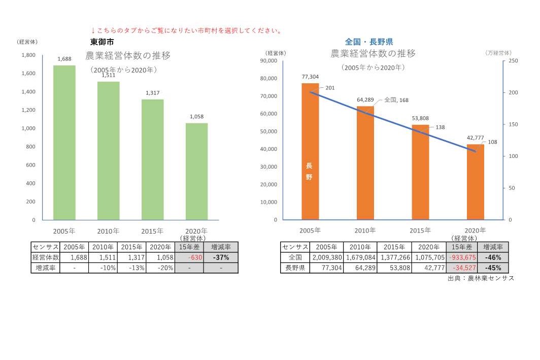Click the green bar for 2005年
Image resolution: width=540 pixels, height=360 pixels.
pyautogui.click(x=64, y=143)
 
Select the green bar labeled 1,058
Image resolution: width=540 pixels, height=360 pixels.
pyautogui.click(x=196, y=172)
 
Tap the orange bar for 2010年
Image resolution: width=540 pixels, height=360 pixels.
pyautogui.click(x=365, y=162)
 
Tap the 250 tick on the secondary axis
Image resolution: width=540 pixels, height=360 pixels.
pyautogui.click(x=513, y=61)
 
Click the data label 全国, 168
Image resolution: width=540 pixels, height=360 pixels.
pyautogui.click(x=396, y=100)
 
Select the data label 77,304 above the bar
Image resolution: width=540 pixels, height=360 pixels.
pyautogui.click(x=310, y=77)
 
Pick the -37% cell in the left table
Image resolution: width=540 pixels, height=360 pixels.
pyautogui.click(x=221, y=257)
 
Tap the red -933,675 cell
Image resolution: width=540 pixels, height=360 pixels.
pyautogui.click(x=461, y=257)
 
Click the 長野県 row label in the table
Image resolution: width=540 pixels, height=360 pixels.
pyautogui.click(x=295, y=268)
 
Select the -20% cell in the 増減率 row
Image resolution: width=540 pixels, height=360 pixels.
pyautogui.click(x=160, y=268)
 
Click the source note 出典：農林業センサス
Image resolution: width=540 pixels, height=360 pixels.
pyautogui.click(x=481, y=278)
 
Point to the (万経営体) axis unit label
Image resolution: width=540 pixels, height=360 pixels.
pyautogui.click(x=498, y=53)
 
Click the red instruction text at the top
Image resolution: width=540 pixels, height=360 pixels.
pyautogui.click(x=186, y=30)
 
